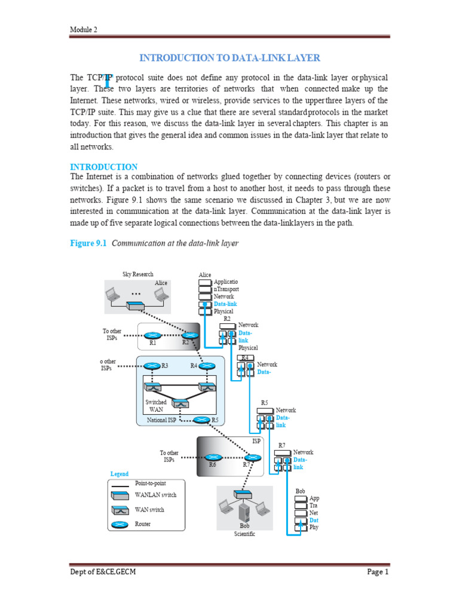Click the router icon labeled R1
pyautogui.click(x=154, y=335)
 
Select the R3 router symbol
pyautogui.click(x=153, y=365)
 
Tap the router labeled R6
pyautogui.click(x=213, y=457)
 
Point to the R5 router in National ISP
pyautogui.click(x=203, y=420)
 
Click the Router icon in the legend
pyautogui.click(x=120, y=524)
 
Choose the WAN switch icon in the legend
pyautogui.click(x=120, y=510)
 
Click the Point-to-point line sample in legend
pyautogui.click(x=120, y=485)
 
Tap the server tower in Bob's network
pyautogui.click(x=244, y=511)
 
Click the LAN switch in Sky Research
pyautogui.click(x=136, y=306)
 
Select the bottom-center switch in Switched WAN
pyautogui.click(x=180, y=403)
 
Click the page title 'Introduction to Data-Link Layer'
pyautogui.click(x=229, y=58)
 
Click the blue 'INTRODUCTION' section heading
pyautogui.click(x=104, y=167)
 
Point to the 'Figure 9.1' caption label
pyautogui.click(x=88, y=243)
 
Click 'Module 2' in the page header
pyautogui.click(x=84, y=30)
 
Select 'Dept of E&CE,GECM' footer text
pyautogui.click(x=103, y=572)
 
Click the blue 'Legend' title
pyautogui.click(x=120, y=474)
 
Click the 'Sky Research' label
pyautogui.click(x=138, y=274)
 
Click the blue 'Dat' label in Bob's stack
pyautogui.click(x=314, y=520)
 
